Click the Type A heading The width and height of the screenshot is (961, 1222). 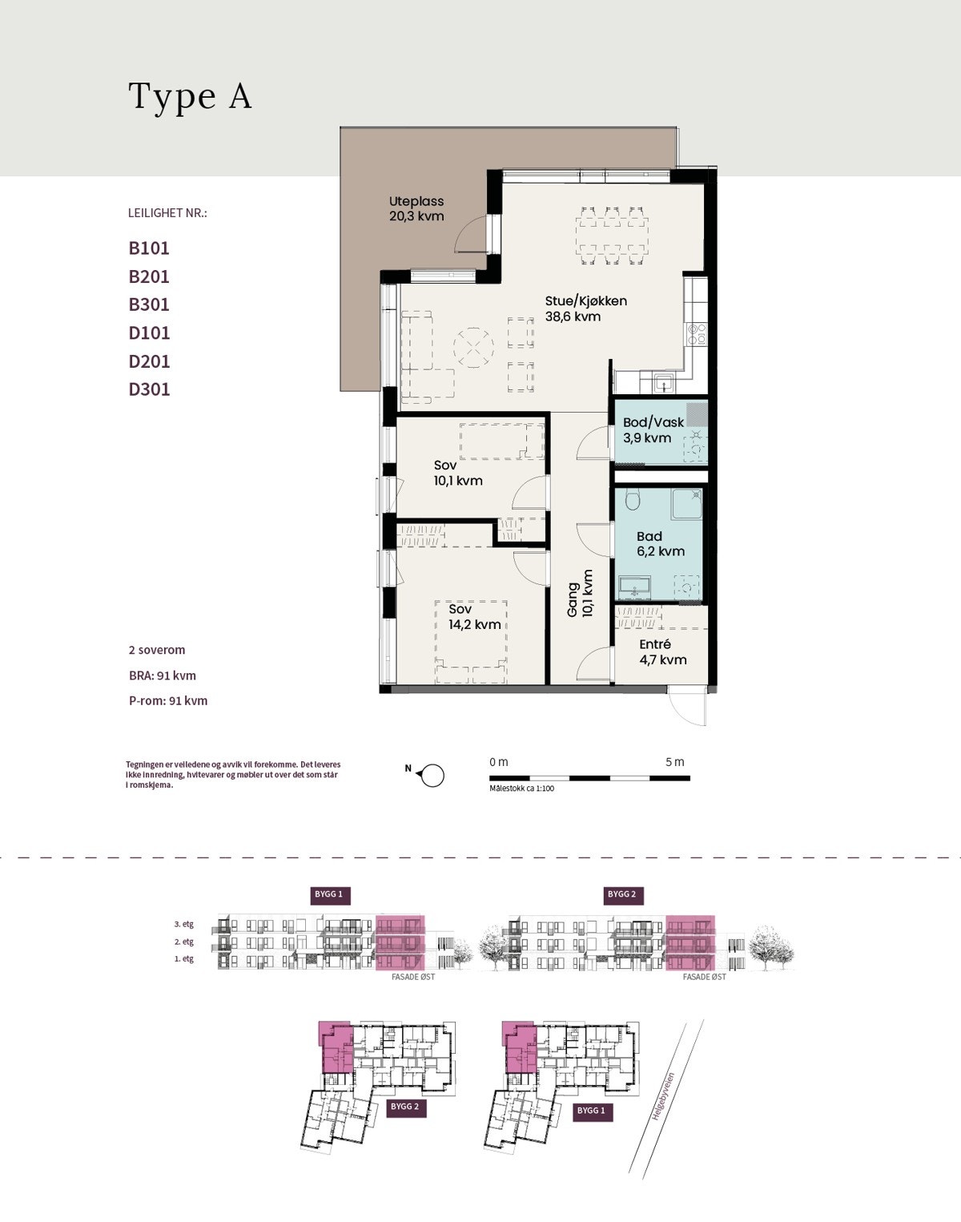(190, 97)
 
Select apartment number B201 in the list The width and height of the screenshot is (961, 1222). (149, 276)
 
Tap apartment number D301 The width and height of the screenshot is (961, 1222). (149, 389)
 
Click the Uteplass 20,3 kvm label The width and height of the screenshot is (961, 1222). (416, 208)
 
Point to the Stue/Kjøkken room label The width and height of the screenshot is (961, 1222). (586, 309)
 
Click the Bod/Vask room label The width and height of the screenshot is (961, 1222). (653, 430)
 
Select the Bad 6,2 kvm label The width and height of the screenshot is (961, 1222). (661, 543)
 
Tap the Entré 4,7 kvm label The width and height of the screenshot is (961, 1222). (663, 652)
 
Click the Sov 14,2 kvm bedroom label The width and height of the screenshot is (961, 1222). (475, 617)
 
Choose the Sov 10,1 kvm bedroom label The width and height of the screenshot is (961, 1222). (458, 473)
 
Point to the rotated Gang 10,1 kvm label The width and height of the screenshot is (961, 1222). (580, 594)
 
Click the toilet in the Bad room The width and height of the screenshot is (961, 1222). (633, 500)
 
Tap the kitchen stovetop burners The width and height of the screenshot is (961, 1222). (697, 334)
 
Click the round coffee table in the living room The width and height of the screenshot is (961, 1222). (473, 346)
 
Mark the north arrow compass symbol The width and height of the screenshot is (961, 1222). (431, 775)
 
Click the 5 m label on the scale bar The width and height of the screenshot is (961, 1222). (675, 762)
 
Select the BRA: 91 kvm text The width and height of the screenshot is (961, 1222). (163, 676)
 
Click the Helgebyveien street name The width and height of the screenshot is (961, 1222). (664, 1096)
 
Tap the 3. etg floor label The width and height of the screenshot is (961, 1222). (184, 924)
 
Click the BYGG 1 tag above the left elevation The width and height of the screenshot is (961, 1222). (329, 894)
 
